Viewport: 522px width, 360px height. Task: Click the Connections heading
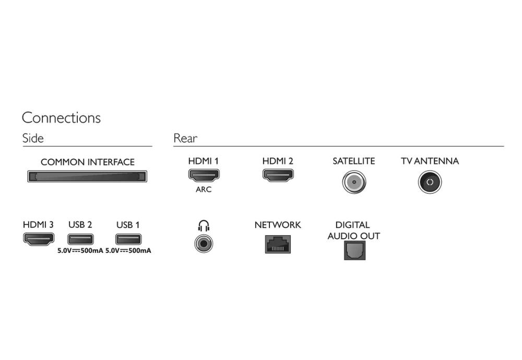[61, 118]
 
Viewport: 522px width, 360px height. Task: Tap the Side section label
[33, 138]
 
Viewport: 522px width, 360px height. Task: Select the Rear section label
[185, 138]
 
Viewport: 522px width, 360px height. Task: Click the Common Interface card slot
[87, 176]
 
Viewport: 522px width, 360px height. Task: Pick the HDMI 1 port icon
[204, 175]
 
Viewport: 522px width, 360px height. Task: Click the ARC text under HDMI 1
[204, 189]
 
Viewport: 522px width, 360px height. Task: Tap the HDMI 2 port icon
[278, 175]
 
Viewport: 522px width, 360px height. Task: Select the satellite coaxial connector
[354, 182]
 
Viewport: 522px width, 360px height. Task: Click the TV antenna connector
[430, 182]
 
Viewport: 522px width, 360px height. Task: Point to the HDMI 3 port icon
[39, 239]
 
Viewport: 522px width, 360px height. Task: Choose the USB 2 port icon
[80, 239]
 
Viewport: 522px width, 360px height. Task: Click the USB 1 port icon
[128, 239]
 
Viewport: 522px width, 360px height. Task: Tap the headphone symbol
[204, 226]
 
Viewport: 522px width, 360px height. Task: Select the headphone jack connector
[204, 243]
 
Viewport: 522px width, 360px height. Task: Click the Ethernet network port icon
[278, 245]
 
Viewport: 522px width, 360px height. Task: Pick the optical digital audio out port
[355, 250]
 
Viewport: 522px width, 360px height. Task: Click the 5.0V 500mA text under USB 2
[80, 251]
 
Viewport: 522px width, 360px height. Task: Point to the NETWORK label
[278, 225]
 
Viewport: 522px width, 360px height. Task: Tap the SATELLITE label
[354, 161]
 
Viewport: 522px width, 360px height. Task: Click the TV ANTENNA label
[430, 161]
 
